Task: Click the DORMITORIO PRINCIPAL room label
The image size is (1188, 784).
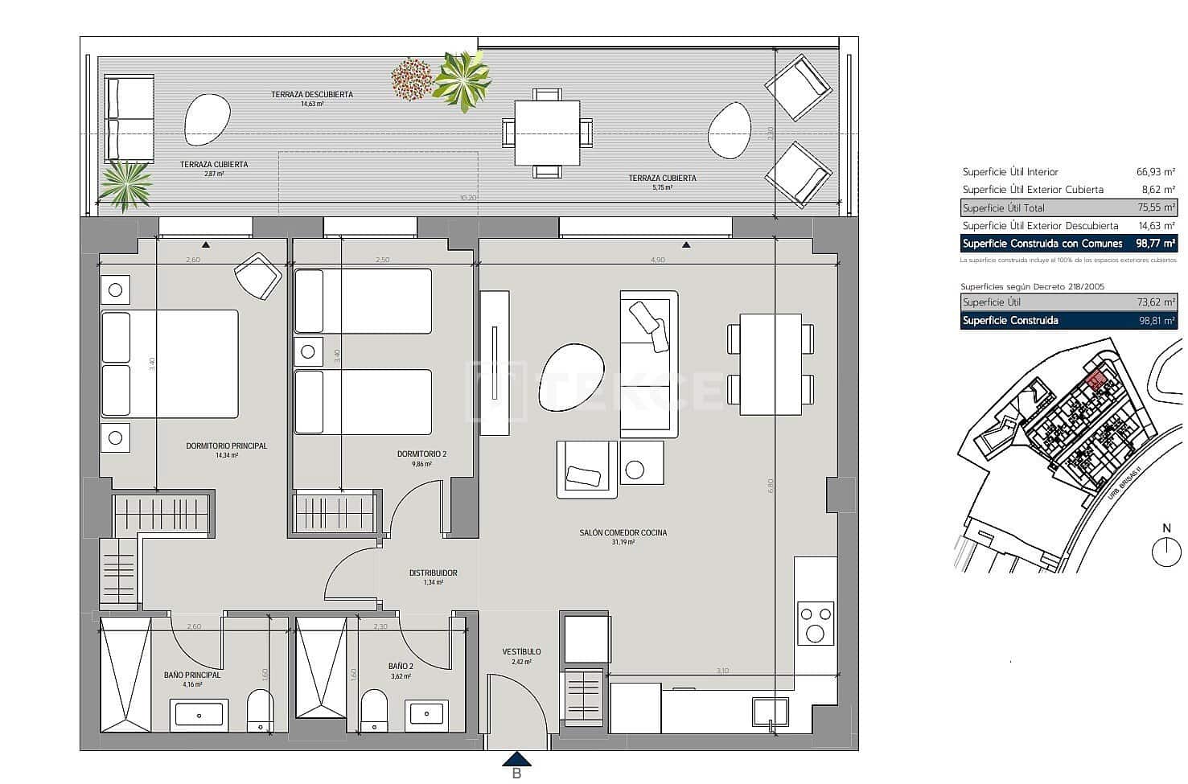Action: click(x=226, y=445)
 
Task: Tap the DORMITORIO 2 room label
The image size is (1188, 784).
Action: click(x=421, y=454)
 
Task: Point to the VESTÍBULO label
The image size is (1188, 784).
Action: click(x=521, y=651)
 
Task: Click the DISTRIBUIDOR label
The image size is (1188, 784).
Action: click(x=433, y=573)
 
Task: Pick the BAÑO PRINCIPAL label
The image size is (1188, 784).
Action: click(x=191, y=675)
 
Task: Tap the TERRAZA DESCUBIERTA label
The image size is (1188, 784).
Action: click(x=311, y=94)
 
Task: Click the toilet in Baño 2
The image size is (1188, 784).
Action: click(x=374, y=710)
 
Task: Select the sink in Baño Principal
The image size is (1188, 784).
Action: click(x=198, y=713)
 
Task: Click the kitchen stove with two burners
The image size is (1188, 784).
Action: click(x=816, y=624)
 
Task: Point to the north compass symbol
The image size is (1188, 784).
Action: click(x=1166, y=552)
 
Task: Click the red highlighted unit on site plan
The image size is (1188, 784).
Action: click(x=1095, y=380)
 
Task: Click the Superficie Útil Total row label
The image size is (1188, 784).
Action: click(x=1003, y=207)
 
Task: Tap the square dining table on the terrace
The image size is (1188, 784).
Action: click(x=547, y=133)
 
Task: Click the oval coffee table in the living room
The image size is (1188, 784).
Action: click(x=571, y=376)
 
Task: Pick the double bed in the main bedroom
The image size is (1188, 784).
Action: click(x=170, y=363)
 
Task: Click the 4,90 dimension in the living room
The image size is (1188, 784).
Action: click(x=658, y=260)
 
